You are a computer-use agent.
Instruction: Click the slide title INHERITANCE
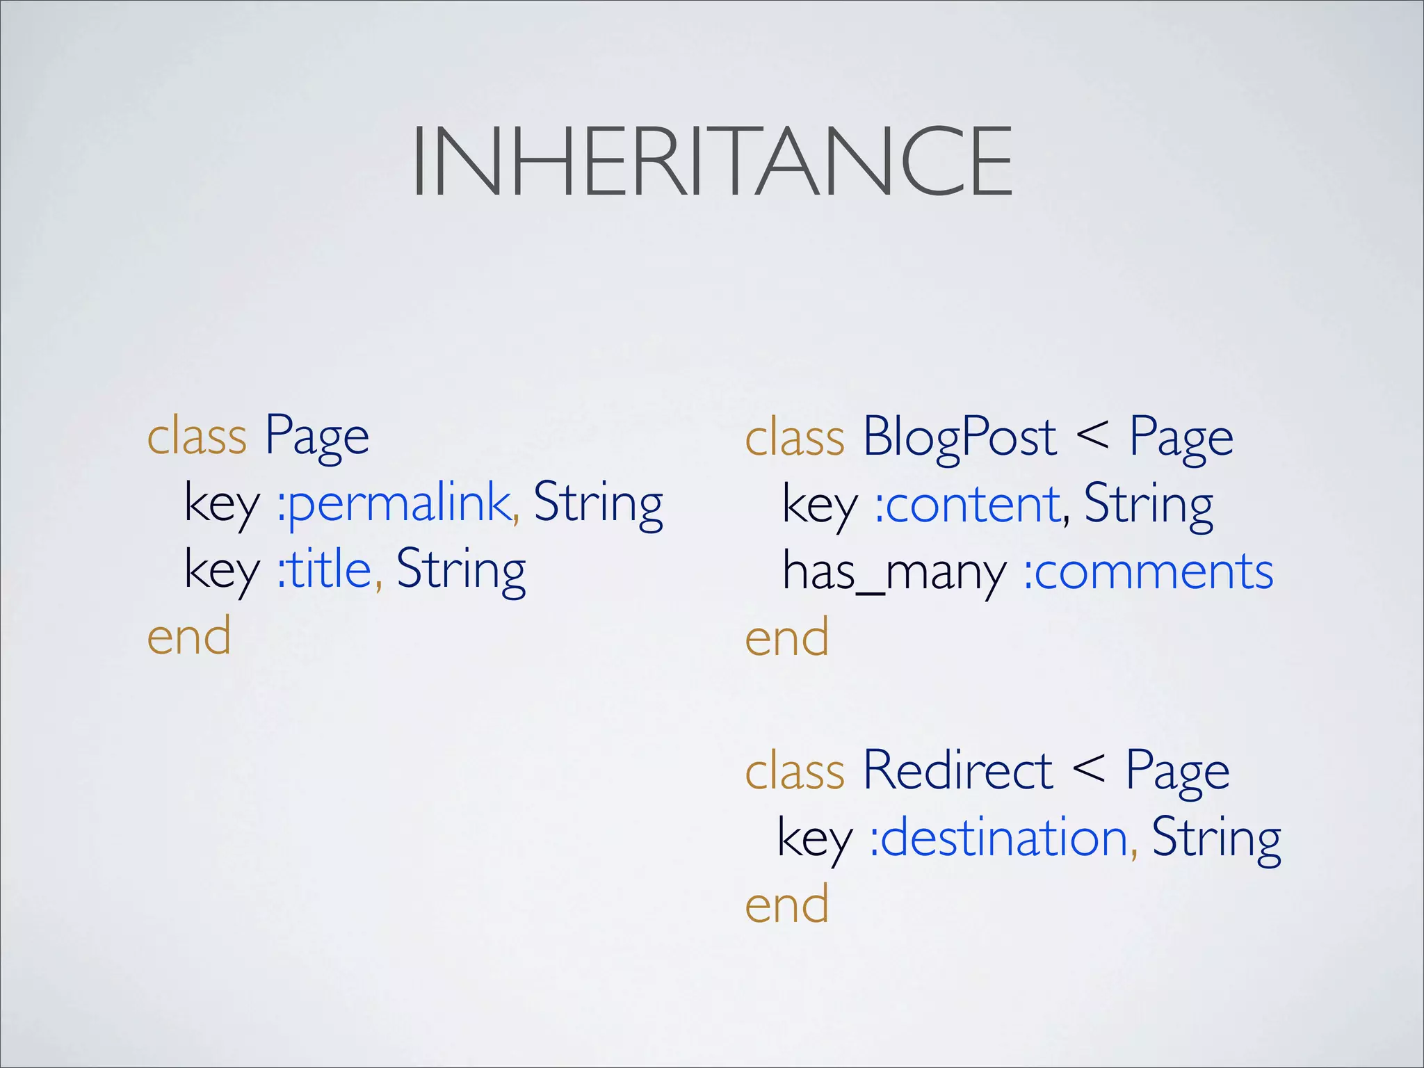(711, 161)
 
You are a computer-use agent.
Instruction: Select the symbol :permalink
(395, 503)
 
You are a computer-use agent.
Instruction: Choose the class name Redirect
(957, 770)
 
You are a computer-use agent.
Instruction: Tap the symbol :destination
(998, 838)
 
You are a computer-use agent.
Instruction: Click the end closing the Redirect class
(786, 905)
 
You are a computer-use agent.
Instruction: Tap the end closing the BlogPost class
(786, 638)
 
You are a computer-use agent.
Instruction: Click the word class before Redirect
(795, 770)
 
